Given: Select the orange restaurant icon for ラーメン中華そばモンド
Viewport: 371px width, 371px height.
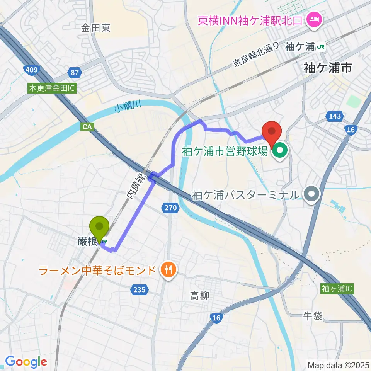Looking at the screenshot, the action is click(x=168, y=269).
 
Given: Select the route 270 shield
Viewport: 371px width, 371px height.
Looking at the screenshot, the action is click(x=170, y=208).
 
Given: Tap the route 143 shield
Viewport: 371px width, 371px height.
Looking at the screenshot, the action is click(x=333, y=116).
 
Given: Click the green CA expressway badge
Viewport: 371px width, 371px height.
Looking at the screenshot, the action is click(x=86, y=127).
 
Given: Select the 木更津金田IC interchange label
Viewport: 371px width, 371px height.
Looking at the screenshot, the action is click(x=52, y=88).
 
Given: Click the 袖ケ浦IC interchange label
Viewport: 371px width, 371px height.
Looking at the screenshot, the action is click(x=337, y=288).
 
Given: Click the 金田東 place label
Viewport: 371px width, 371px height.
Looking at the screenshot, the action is click(x=96, y=28).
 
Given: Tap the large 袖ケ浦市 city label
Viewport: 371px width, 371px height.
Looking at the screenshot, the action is click(x=328, y=68).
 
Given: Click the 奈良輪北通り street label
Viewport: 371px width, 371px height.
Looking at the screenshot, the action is click(x=255, y=55).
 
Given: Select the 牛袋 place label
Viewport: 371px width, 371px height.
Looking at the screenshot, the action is click(x=313, y=317).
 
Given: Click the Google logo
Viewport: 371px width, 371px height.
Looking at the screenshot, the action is click(x=26, y=362).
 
